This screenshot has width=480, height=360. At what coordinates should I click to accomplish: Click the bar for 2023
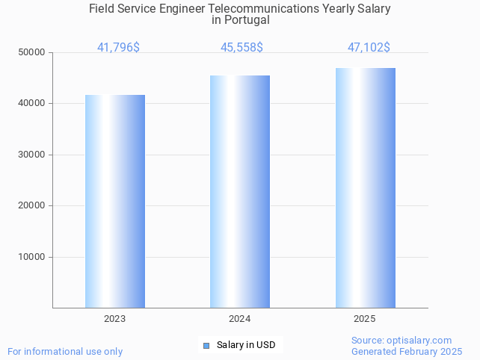tap(115, 201)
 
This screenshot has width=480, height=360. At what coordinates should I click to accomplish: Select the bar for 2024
tap(240, 191)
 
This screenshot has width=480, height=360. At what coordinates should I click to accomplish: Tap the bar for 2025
tap(365, 187)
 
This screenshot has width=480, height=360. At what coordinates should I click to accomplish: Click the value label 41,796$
tap(118, 48)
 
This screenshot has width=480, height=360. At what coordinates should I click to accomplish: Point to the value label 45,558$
tap(241, 48)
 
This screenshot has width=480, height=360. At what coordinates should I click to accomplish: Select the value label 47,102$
tap(369, 48)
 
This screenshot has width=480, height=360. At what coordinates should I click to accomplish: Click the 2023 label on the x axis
tap(114, 319)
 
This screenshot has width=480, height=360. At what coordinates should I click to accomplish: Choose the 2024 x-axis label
tap(239, 319)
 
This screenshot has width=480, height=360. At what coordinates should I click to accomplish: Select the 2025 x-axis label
tap(364, 319)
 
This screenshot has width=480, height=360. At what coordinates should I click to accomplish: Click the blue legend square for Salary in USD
tap(206, 345)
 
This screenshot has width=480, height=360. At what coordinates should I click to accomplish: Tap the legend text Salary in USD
tap(246, 345)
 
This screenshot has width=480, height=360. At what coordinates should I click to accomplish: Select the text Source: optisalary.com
tap(401, 341)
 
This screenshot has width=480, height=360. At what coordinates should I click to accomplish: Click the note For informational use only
tap(65, 351)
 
